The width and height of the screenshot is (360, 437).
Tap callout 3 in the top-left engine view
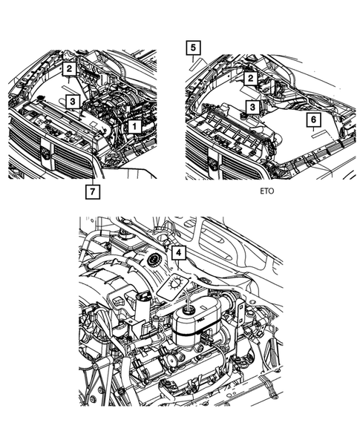[x=71, y=100]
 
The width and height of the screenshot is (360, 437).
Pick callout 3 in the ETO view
[x=252, y=107]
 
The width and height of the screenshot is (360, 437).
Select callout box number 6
[x=313, y=119]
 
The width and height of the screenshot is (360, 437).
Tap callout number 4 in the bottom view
[x=178, y=253]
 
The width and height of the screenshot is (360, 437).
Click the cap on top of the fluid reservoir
[x=192, y=308]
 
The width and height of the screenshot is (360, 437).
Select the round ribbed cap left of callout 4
[x=155, y=261]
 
